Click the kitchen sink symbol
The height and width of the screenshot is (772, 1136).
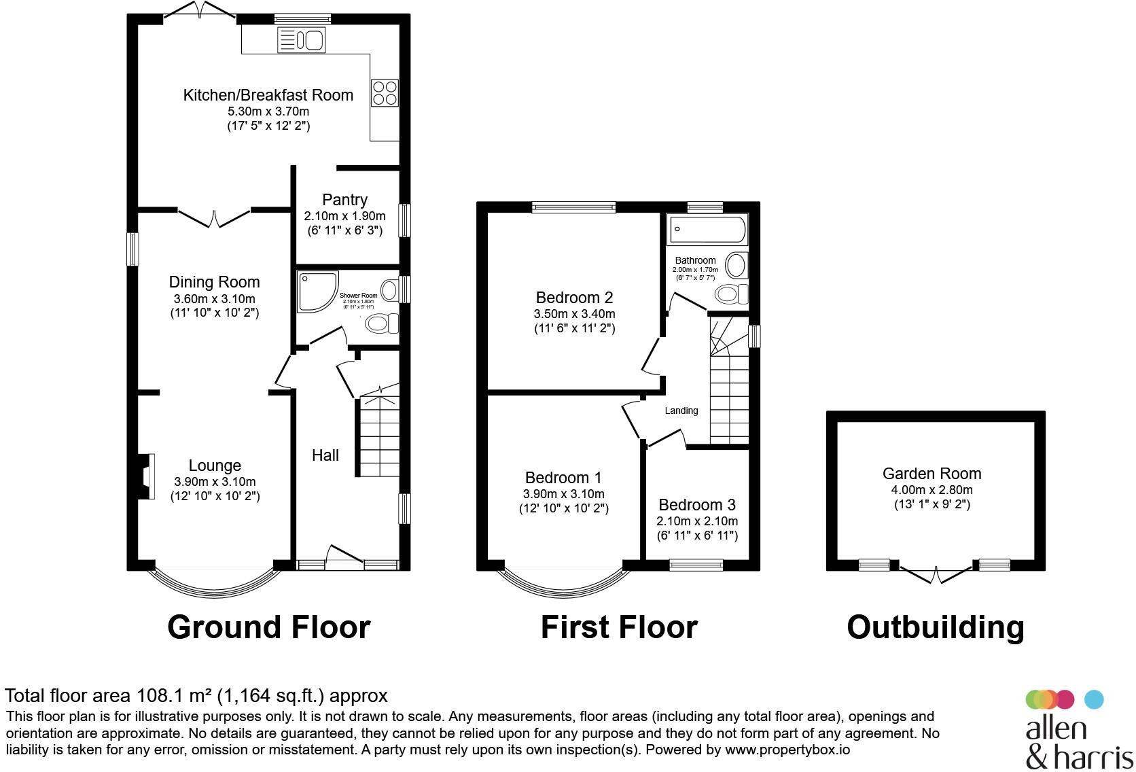(x=302, y=40)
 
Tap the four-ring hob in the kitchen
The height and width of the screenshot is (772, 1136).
(x=385, y=93)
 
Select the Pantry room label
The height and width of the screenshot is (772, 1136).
(x=344, y=200)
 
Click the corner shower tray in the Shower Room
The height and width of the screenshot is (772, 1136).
(x=317, y=292)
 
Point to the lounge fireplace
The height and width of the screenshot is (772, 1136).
(x=145, y=476)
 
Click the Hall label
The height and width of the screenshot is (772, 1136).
(x=325, y=455)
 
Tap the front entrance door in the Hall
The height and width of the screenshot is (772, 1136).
(x=344, y=555)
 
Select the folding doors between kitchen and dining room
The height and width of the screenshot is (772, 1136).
(x=214, y=217)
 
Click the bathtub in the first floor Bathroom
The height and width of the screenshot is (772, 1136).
(x=707, y=230)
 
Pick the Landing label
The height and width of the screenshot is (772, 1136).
(x=681, y=410)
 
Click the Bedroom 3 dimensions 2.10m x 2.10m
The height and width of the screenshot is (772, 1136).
(x=696, y=521)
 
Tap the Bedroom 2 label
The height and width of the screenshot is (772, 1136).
(x=574, y=298)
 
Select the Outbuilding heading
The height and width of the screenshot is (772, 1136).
(x=935, y=627)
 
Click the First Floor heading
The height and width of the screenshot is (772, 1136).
(x=618, y=627)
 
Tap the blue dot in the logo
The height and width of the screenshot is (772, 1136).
(x=1094, y=699)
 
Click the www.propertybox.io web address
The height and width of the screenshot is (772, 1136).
(x=787, y=750)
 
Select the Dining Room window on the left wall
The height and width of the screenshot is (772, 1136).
(x=133, y=249)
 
